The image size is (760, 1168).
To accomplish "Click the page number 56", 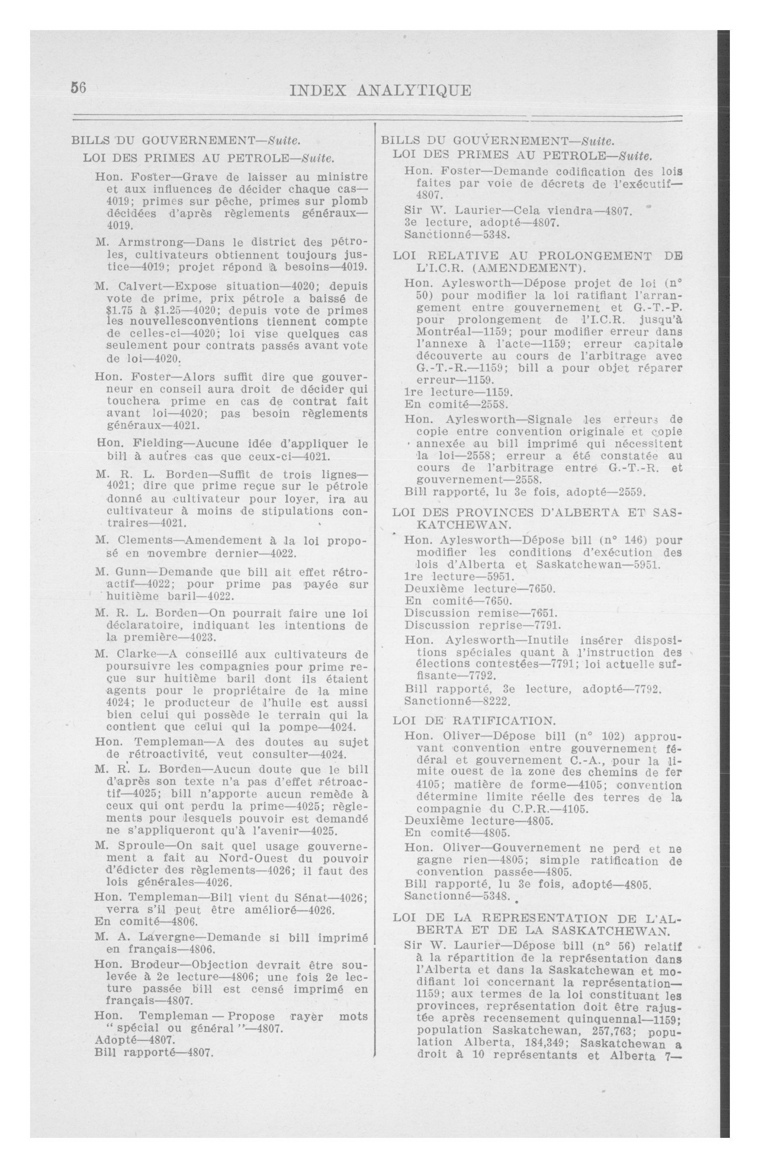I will (79, 88).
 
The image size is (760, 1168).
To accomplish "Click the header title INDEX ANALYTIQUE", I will (380, 91).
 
